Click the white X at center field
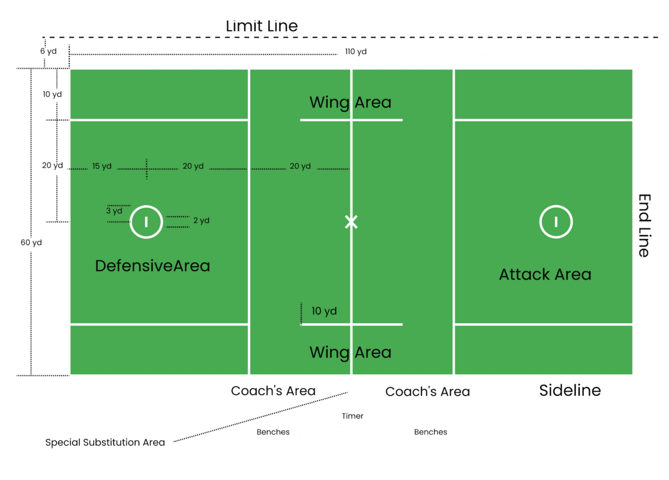click(x=351, y=222)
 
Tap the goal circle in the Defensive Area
click(x=146, y=222)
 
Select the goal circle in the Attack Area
click(x=556, y=222)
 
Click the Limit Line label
click(x=261, y=26)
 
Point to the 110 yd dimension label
click(x=356, y=52)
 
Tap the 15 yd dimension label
click(x=102, y=166)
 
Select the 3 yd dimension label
click(x=114, y=211)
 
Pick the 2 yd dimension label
click(x=201, y=221)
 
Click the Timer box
click(x=351, y=417)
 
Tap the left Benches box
click(x=272, y=434)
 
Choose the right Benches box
click(x=430, y=433)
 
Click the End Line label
click(x=644, y=225)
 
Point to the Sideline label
click(x=570, y=390)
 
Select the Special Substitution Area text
click(x=105, y=443)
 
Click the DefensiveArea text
click(x=152, y=266)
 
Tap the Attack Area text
click(x=545, y=275)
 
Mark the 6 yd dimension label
click(x=49, y=51)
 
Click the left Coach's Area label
click(x=273, y=391)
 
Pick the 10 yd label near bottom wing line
click(x=324, y=311)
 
